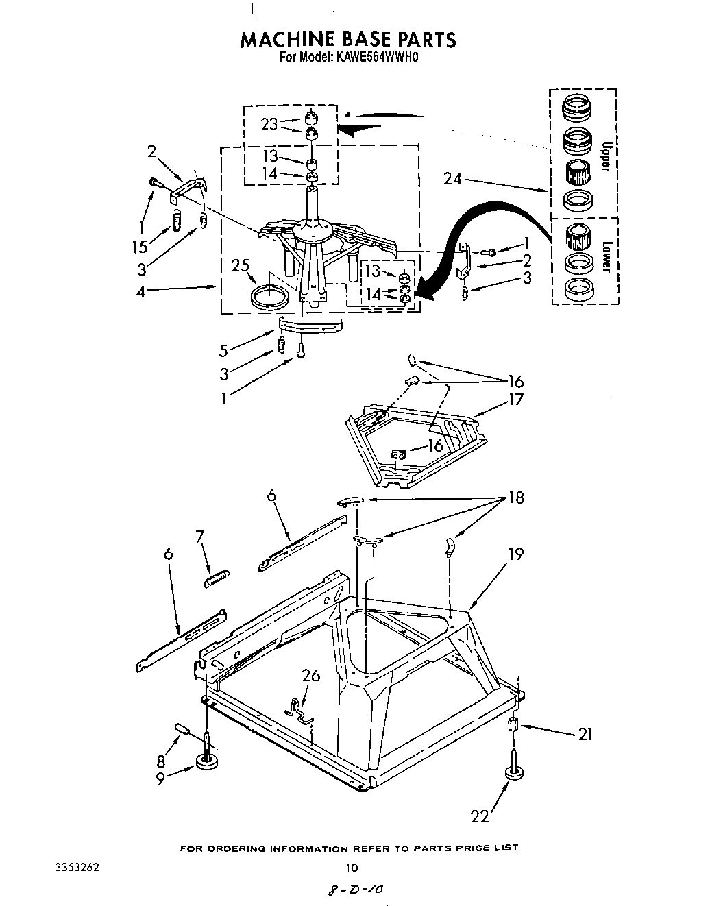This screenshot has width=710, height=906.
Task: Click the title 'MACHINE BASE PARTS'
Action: point(347,39)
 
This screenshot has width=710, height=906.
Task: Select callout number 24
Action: point(452,180)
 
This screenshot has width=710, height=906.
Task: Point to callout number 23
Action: point(269,124)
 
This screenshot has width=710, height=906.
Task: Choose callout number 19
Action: point(515,552)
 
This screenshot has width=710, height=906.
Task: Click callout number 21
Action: point(584,735)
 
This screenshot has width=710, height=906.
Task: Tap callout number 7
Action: point(200,538)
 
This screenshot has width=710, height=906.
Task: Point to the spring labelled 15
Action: point(176,221)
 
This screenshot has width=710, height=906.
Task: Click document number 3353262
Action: point(77,867)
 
